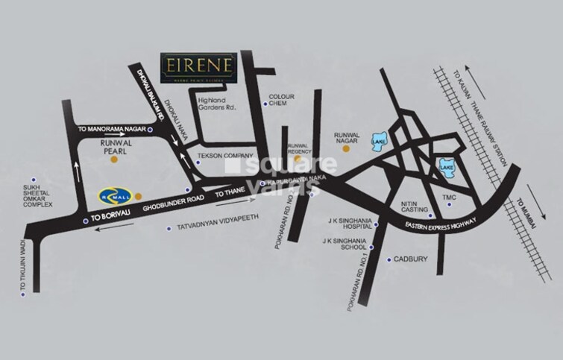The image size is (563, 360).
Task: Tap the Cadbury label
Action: [410, 260]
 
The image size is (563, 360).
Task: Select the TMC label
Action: [470, 198]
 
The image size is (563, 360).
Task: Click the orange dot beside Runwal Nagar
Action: [344, 148]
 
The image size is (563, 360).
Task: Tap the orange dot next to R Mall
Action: [137, 196]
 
